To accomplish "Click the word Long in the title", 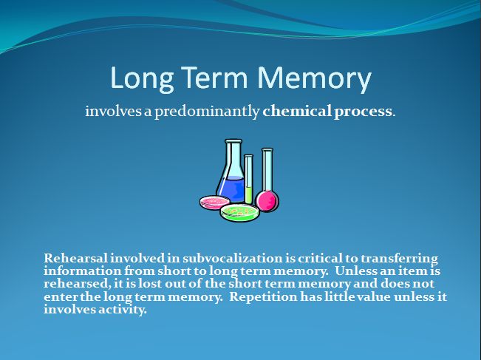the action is (142, 79).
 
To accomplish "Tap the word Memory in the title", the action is (315, 79).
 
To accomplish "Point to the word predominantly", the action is (207, 112).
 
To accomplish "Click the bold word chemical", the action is (297, 111).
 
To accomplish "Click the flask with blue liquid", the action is (231, 171).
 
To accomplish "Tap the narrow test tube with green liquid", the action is (249, 179).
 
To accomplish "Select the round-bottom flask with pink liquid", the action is (267, 181).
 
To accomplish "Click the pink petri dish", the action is (214, 203).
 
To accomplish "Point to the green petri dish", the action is (239, 213).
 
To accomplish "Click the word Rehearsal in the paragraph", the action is (76, 258).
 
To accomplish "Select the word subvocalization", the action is (233, 258).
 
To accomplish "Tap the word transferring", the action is (399, 259).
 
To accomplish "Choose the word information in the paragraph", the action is (83, 271).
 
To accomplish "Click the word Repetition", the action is (263, 297).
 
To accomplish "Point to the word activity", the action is (123, 309).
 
